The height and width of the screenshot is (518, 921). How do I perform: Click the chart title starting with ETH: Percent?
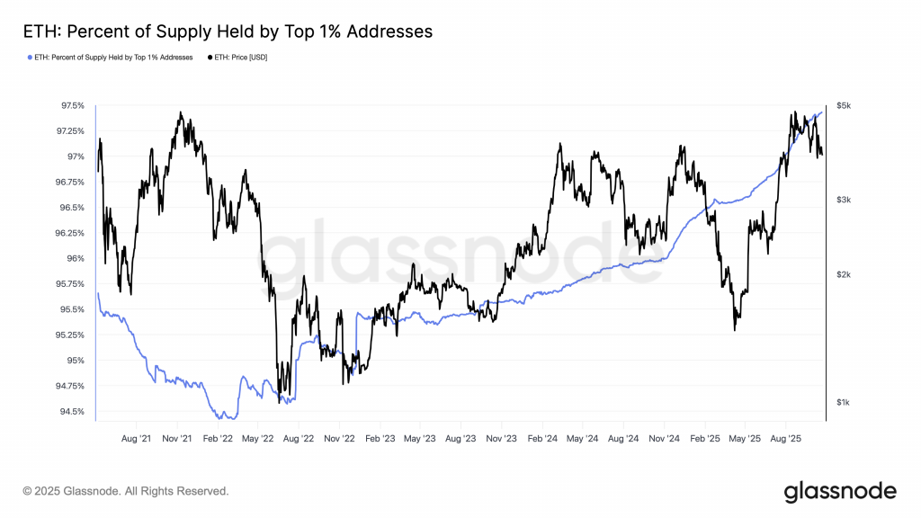pos(227,31)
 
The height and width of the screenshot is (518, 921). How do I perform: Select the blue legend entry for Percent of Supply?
pos(112,58)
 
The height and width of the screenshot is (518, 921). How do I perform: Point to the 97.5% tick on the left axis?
pos(72,105)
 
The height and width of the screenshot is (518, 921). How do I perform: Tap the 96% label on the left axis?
pos(76,258)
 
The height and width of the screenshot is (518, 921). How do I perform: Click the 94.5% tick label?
pos(72,412)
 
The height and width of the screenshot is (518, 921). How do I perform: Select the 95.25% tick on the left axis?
pos(71,335)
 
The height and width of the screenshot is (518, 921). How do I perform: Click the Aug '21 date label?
pos(136,440)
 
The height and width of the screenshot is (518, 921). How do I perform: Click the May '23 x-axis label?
pos(420,440)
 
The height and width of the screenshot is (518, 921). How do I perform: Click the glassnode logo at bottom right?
pos(839,491)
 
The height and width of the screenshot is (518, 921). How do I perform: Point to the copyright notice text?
pos(126,491)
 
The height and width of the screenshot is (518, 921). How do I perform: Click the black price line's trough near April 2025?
pos(735,329)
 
